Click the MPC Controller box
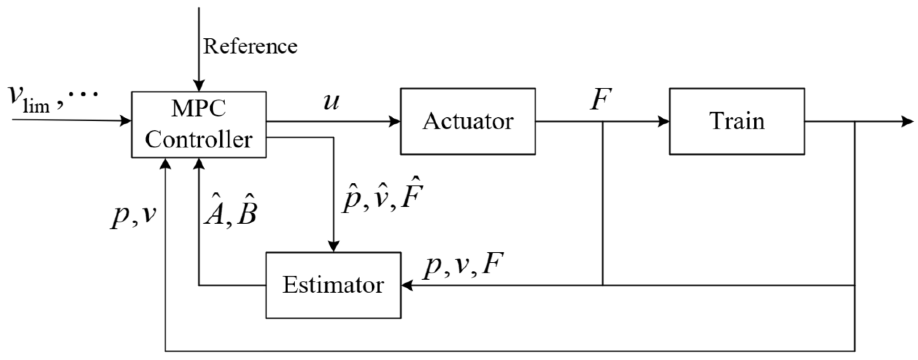pyautogui.click(x=198, y=124)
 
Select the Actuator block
pyautogui.click(x=468, y=121)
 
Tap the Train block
pyautogui.click(x=737, y=121)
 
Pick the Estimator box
pyautogui.click(x=333, y=285)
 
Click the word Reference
pyautogui.click(x=250, y=47)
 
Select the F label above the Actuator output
pyautogui.click(x=601, y=100)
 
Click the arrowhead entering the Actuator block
pyautogui.click(x=395, y=121)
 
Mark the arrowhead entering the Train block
pyautogui.click(x=664, y=121)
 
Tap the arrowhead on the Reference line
pyautogui.click(x=198, y=86)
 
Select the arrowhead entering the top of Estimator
pyautogui.click(x=333, y=247)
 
